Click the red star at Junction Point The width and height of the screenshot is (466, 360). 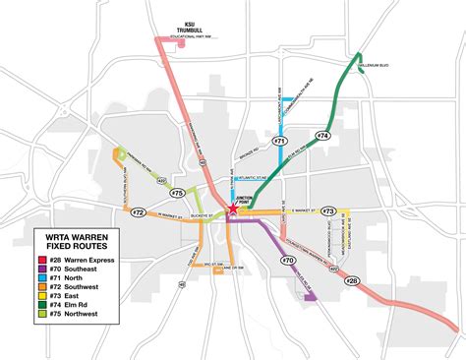click(232, 209)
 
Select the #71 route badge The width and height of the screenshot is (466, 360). click(280, 142)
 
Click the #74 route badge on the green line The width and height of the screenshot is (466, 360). click(322, 134)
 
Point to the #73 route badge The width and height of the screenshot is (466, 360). click(328, 210)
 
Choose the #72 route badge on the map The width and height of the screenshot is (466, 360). click(139, 212)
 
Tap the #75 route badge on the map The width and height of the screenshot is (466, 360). click(177, 193)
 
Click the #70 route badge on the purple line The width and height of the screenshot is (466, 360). click(288, 261)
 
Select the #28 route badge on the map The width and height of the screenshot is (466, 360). click(352, 280)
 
